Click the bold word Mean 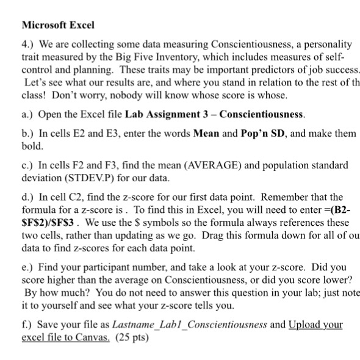click(206, 133)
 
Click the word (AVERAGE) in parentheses click(190, 165)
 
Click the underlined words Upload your click(315, 325)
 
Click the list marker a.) click(27, 114)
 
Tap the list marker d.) click(28, 197)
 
